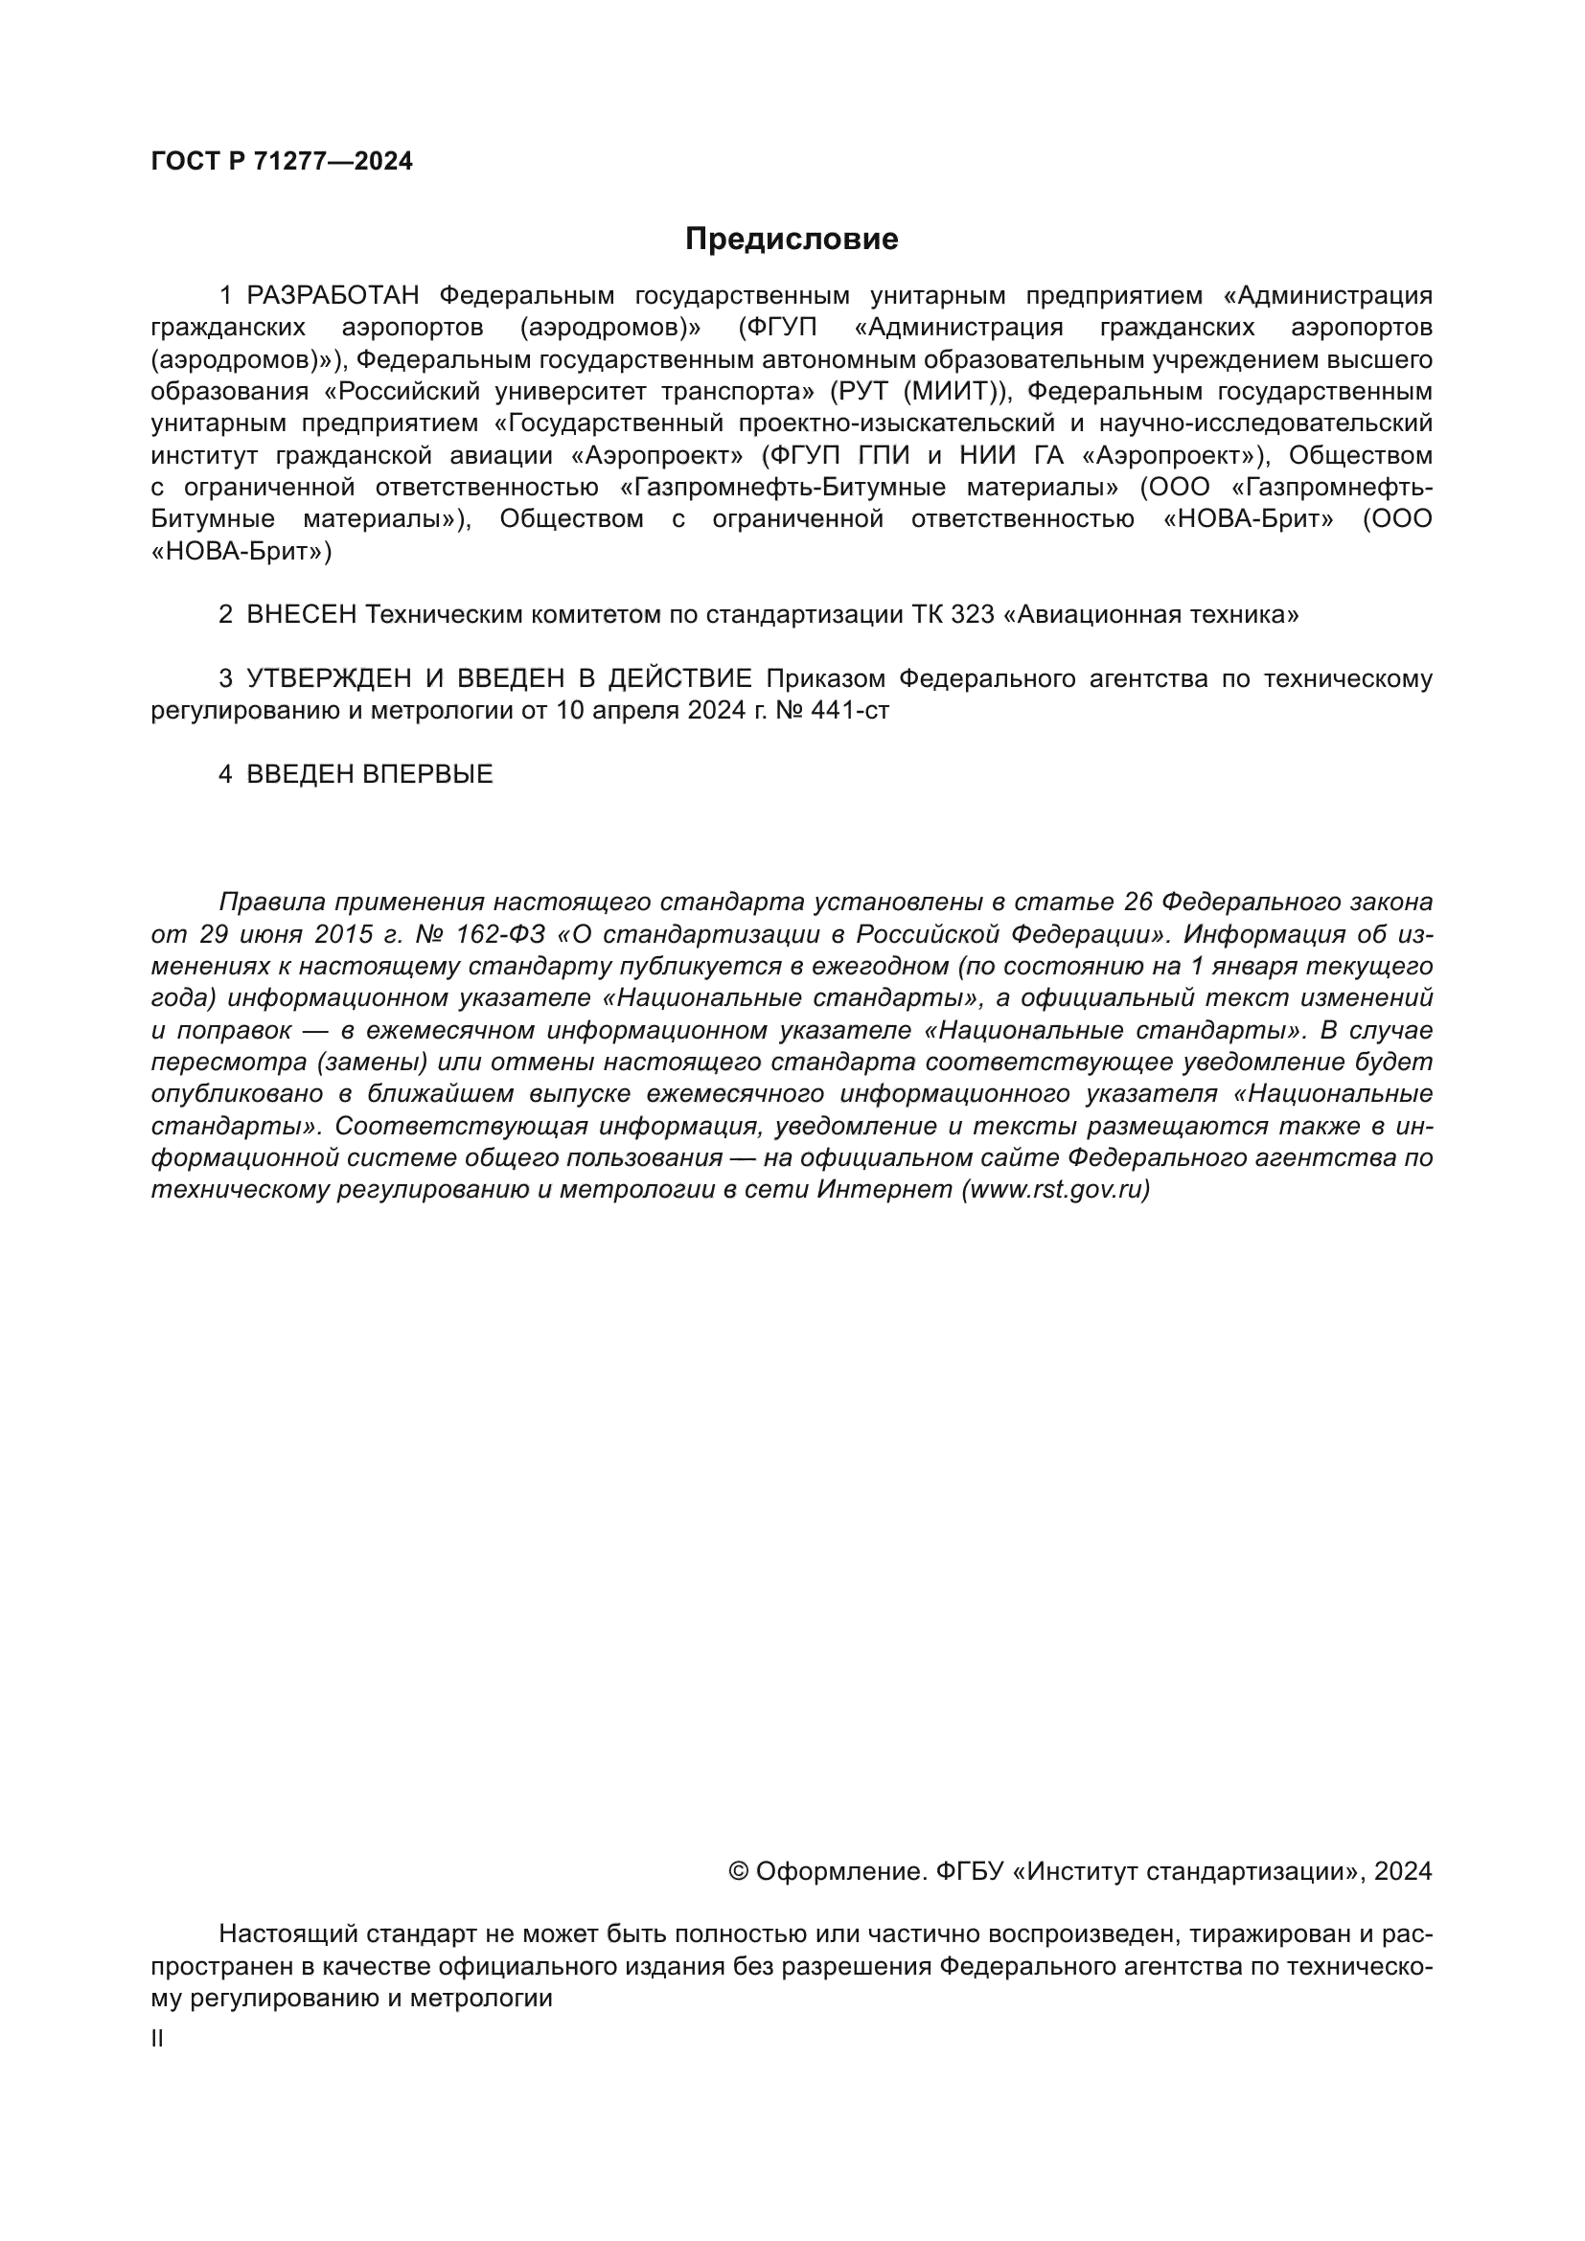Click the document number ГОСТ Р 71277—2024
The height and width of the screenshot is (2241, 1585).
coord(281,162)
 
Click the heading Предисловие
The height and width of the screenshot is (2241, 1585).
coord(791,240)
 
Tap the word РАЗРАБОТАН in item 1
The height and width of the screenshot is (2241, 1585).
coord(332,296)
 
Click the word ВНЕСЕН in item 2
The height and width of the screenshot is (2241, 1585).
coord(302,614)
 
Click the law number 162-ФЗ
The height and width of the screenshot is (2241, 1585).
coord(499,934)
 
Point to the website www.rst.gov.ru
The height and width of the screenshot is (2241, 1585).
coord(1056,1190)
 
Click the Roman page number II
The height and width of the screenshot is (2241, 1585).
coord(158,2039)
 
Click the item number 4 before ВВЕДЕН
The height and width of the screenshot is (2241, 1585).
coord(225,775)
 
